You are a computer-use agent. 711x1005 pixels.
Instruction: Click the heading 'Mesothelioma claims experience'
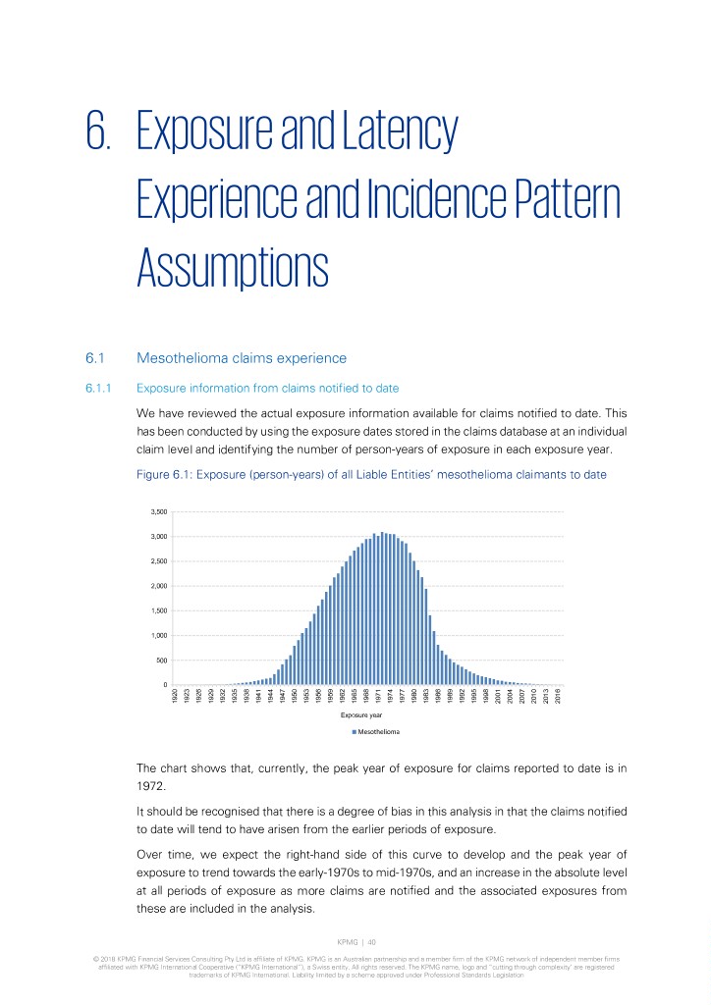(242, 357)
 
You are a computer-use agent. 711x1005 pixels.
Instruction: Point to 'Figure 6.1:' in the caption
(161, 475)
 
